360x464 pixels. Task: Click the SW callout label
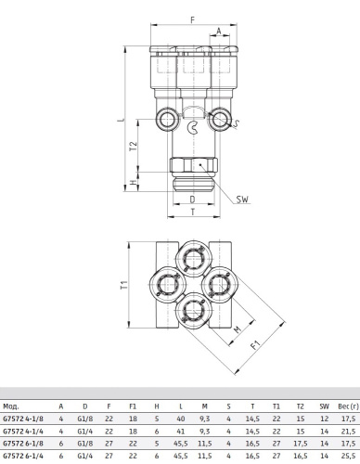point(242,200)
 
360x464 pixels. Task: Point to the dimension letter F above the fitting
point(192,20)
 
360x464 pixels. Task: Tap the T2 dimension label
point(133,146)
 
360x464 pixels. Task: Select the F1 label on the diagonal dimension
point(255,344)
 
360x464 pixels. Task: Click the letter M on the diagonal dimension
point(238,329)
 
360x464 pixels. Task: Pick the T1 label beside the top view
point(124,285)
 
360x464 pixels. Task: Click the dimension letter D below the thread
point(192,200)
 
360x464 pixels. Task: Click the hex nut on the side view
point(194,165)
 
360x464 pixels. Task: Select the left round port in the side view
point(167,119)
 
